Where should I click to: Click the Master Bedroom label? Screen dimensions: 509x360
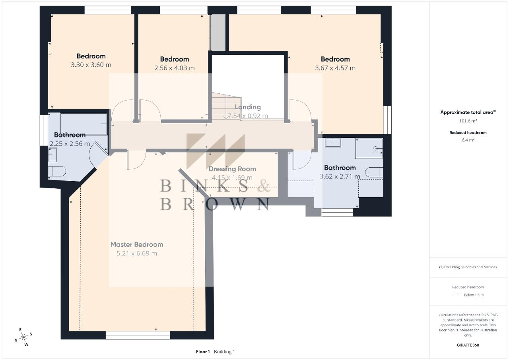(137, 244)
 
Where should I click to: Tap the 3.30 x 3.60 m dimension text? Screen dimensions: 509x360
(91, 65)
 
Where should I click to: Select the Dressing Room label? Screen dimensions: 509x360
(232, 169)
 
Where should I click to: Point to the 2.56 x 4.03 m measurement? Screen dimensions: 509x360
(175, 68)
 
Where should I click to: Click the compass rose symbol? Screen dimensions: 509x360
(23, 337)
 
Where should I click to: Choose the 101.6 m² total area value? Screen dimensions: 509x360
(468, 121)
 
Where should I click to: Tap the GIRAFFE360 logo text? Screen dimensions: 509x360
(468, 345)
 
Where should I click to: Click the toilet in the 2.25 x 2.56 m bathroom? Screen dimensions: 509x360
(57, 171)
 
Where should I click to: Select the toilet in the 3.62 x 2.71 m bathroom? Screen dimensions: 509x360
(375, 172)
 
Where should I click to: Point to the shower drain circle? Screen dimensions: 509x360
(375, 148)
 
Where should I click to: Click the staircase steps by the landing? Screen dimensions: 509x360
(227, 106)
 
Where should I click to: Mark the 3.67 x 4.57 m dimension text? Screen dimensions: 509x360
(335, 68)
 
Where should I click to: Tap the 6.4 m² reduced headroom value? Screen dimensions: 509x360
(468, 140)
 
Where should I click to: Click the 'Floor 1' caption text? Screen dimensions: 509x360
(203, 352)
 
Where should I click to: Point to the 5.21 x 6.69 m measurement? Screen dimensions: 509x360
(137, 254)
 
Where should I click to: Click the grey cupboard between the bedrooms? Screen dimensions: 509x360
(218, 33)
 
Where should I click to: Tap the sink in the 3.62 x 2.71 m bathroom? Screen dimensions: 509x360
(333, 142)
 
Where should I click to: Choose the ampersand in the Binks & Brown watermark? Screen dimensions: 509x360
(264, 186)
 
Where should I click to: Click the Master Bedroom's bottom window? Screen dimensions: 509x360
(138, 335)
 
